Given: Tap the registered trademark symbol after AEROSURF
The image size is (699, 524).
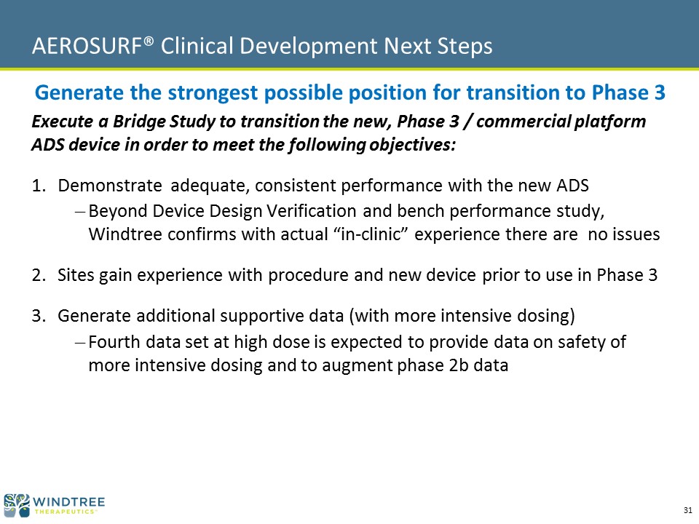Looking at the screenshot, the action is [x=149, y=41].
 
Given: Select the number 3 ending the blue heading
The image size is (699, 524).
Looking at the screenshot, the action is [x=660, y=92].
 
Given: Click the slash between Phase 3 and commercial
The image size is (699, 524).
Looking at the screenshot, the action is [x=467, y=122].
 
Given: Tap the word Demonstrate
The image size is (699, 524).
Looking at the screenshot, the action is [x=110, y=186].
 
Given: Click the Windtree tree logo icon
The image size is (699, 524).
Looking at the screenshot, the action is [x=17, y=505].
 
